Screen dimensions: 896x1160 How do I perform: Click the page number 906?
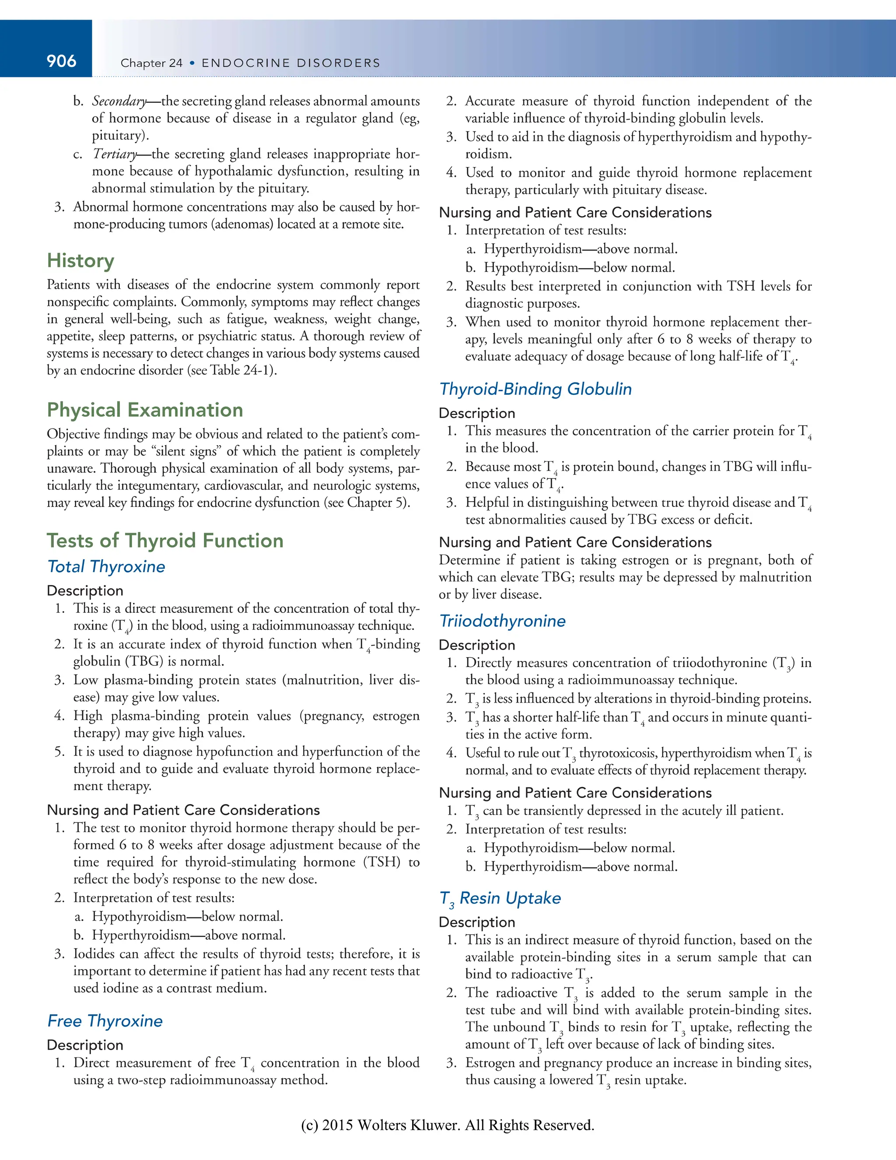61,62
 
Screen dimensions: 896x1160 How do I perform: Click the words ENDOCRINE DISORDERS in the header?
291,63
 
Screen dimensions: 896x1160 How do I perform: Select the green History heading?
80,261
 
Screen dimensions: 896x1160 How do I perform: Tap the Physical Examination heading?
144,410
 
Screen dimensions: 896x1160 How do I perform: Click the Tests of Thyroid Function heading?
164,541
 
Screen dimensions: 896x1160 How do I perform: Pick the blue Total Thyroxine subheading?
106,567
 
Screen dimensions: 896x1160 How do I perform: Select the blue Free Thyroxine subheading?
105,1021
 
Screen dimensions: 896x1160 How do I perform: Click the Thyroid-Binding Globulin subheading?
535,389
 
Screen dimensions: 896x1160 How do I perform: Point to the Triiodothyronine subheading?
502,621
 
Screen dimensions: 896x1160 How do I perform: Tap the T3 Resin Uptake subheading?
500,898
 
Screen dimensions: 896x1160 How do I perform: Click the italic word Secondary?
119,101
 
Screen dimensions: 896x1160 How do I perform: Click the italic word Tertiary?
115,154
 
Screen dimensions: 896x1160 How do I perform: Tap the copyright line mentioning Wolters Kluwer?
448,1125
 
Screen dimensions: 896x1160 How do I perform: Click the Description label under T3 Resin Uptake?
477,922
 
